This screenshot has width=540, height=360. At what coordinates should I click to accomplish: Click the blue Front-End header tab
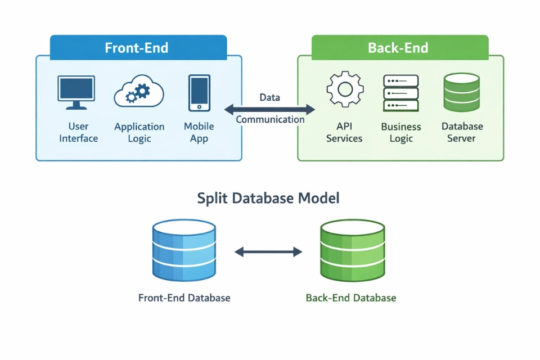coord(138,47)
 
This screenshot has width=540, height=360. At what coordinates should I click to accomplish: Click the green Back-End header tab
coord(398,47)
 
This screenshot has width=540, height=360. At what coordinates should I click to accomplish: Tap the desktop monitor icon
coord(76,92)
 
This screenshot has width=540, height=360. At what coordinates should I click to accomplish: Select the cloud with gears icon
coord(139,92)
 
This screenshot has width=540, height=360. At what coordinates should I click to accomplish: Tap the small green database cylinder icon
coord(461,92)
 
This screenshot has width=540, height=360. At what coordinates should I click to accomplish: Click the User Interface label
coord(78,132)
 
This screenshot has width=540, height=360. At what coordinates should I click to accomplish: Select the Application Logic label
coord(139,132)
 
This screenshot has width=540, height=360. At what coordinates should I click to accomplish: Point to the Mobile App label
coord(199,132)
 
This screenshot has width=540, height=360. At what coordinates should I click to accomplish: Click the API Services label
coord(344,132)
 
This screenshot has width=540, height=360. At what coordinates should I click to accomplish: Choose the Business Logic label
coord(400,132)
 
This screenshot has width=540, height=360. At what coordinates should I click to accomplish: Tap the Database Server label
coord(462,132)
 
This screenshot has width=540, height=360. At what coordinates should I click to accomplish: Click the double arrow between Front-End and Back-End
coord(270,109)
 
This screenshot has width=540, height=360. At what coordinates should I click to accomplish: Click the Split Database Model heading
coord(268,199)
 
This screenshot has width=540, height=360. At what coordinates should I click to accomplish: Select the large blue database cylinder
coord(184,250)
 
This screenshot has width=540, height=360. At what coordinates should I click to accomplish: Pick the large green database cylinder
coord(352,250)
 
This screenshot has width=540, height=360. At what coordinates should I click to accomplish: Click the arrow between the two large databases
coord(268,252)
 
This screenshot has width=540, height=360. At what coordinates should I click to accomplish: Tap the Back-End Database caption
coord(351,298)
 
